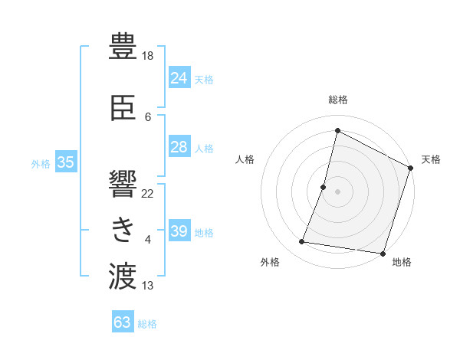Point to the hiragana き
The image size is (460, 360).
pyautogui.click(x=123, y=228)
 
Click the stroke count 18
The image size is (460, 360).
pyautogui.click(x=149, y=56)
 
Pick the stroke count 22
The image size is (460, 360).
pyautogui.click(x=148, y=193)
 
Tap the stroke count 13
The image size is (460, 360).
pyautogui.click(x=148, y=286)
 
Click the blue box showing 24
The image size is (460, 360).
pyautogui.click(x=179, y=77)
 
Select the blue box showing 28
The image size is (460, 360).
pyautogui.click(x=179, y=147)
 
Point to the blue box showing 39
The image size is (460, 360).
pyautogui.click(x=179, y=231)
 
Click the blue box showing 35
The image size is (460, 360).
pyautogui.click(x=65, y=162)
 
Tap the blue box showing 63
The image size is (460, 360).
pyautogui.click(x=123, y=322)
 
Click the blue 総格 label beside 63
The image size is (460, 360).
pyautogui.click(x=147, y=324)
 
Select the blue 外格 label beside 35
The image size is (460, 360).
pyautogui.click(x=41, y=163)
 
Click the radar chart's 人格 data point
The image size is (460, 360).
pyautogui.click(x=324, y=187)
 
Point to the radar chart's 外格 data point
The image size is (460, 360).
pyautogui.click(x=302, y=242)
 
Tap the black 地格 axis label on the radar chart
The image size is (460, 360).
pyautogui.click(x=402, y=262)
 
